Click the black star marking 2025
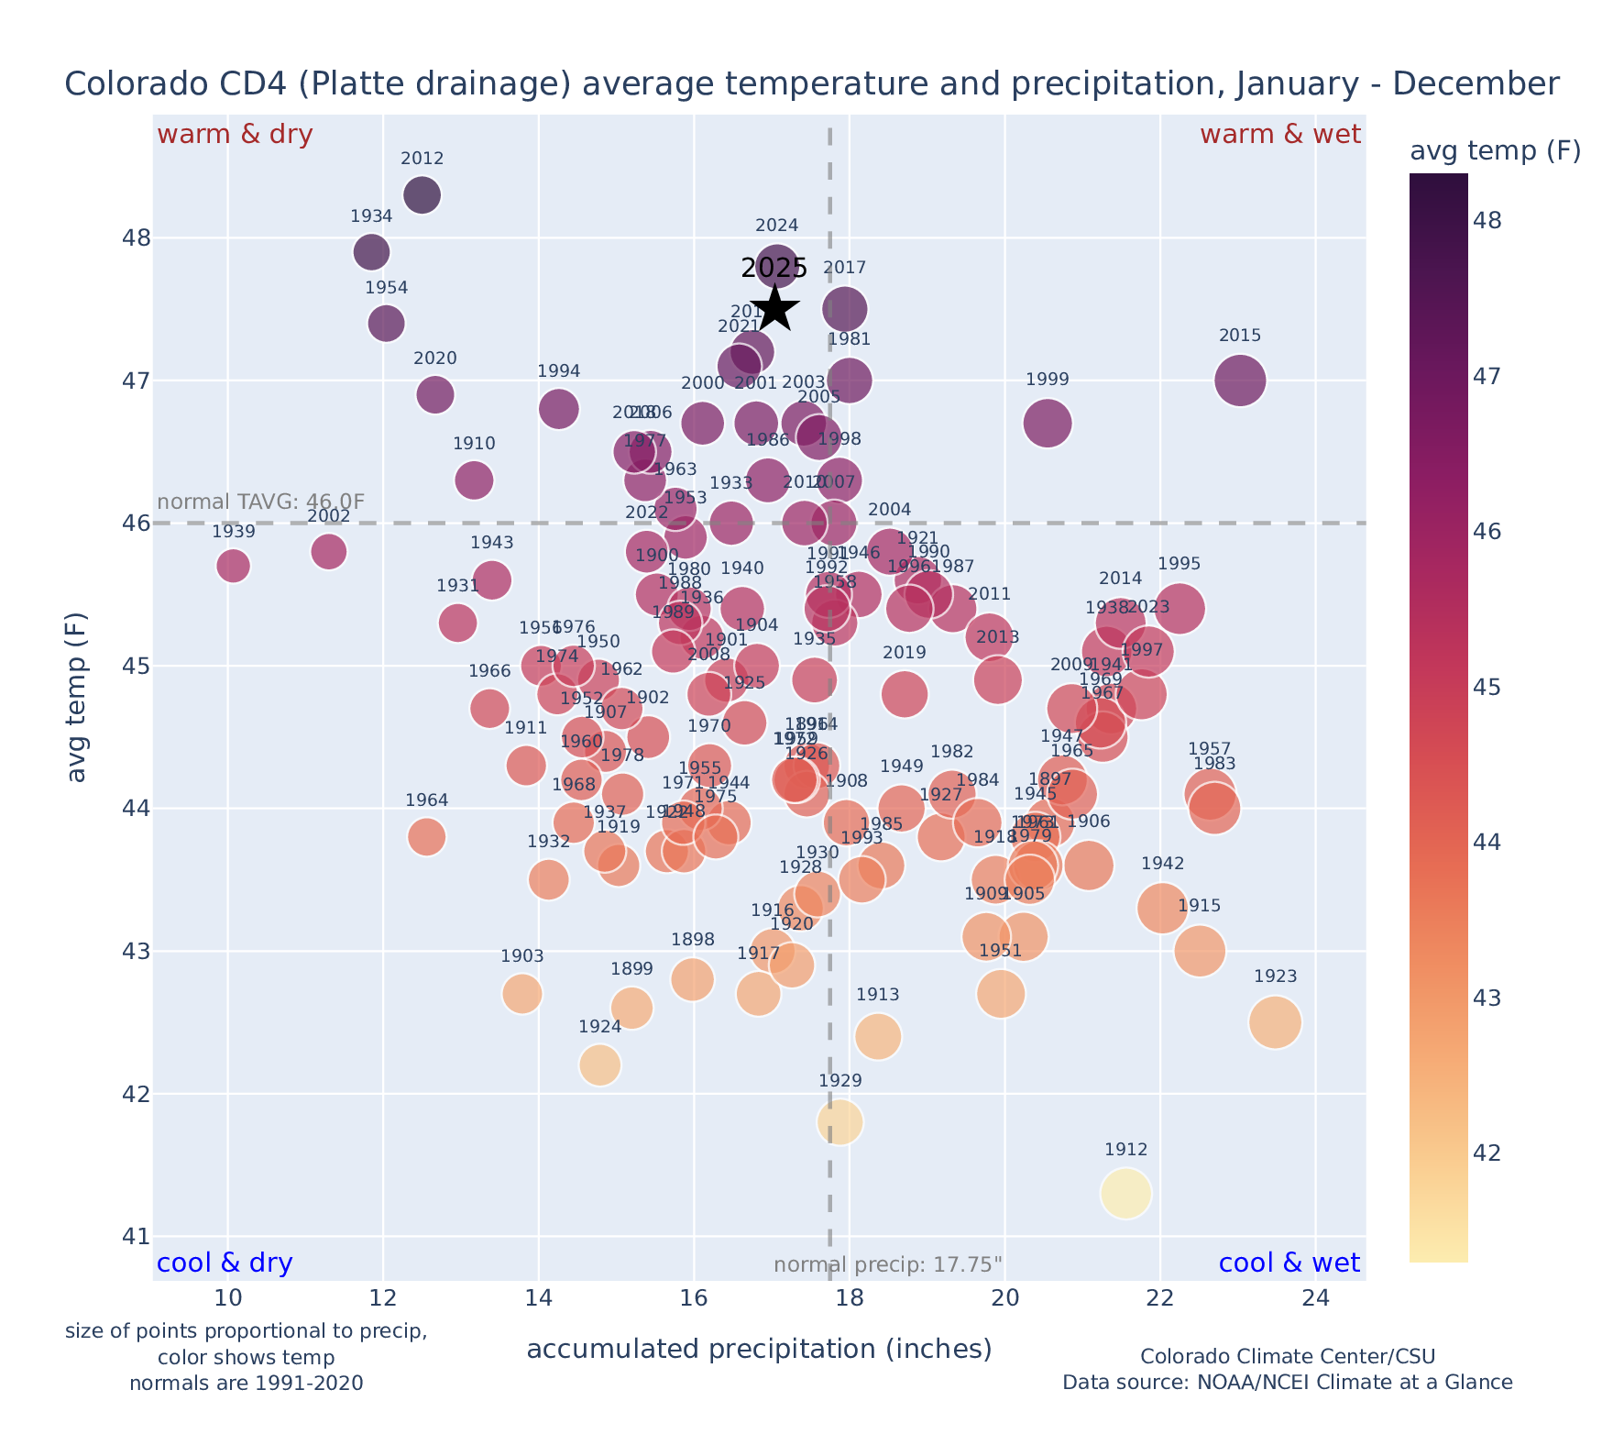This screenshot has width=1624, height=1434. click(x=775, y=308)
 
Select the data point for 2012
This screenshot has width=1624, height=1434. click(x=422, y=195)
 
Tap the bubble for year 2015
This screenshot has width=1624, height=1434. click(x=1240, y=381)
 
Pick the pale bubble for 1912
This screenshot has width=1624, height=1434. click(x=1126, y=1194)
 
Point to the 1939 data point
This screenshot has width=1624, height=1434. click(x=234, y=566)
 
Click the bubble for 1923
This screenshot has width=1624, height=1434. click(x=1275, y=1022)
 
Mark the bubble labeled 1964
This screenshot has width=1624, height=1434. click(x=427, y=836)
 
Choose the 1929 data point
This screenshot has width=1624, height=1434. click(x=840, y=1122)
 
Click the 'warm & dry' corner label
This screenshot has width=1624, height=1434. click(x=236, y=135)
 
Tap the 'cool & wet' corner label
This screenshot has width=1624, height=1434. click(x=1289, y=1263)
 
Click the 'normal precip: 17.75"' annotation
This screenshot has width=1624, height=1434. click(x=888, y=1265)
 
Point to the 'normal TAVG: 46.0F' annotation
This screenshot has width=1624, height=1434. click(x=261, y=502)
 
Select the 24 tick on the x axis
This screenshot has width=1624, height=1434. click(x=1316, y=1298)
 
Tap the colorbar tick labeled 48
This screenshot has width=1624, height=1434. click(x=1488, y=221)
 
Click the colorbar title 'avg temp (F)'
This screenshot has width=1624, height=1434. click(x=1495, y=151)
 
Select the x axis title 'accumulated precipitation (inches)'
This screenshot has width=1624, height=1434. click(x=759, y=1350)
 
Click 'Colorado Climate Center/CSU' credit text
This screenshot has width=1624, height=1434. click(x=1287, y=1357)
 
